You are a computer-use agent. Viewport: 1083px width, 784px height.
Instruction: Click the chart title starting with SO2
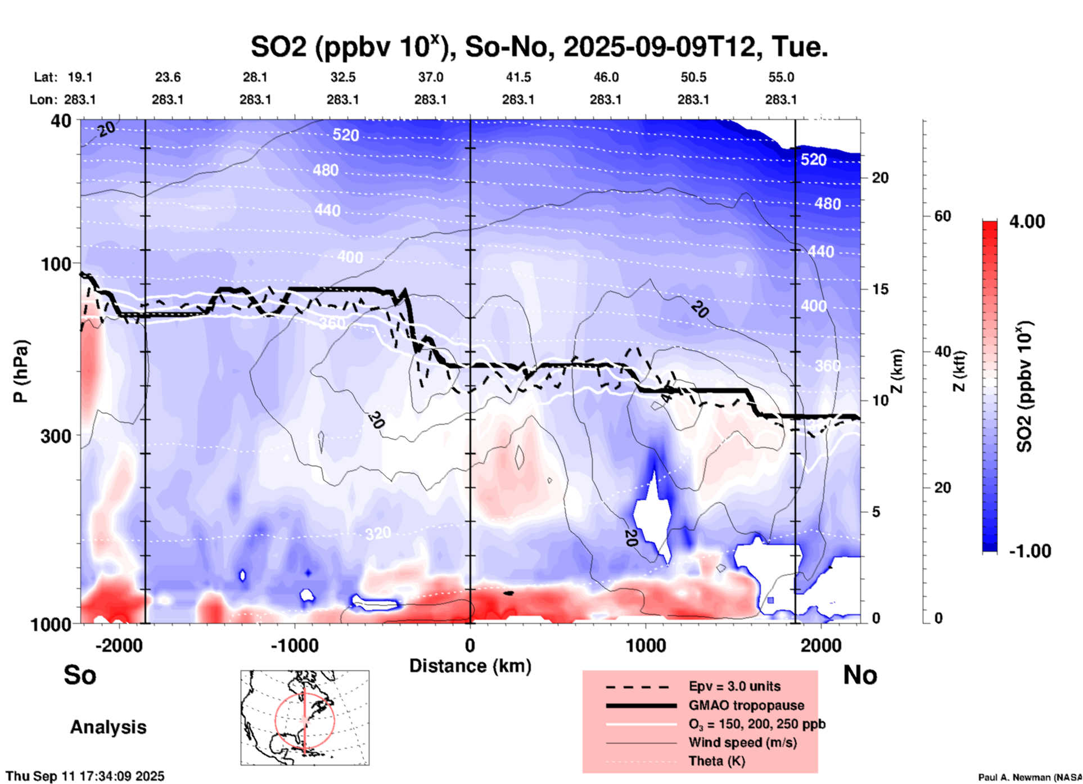pyautogui.click(x=539, y=47)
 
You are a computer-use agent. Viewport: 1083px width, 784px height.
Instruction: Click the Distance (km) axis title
pyautogui.click(x=470, y=666)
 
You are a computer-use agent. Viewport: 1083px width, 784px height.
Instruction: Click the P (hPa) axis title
pyautogui.click(x=21, y=371)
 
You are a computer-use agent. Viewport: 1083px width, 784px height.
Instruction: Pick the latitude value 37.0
pyautogui.click(x=430, y=77)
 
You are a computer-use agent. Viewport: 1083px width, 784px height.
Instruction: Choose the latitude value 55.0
pyautogui.click(x=781, y=77)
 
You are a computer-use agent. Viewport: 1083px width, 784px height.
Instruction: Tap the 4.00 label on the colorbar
pyautogui.click(x=1027, y=222)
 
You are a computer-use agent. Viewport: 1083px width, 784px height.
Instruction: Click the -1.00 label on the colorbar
pyautogui.click(x=1030, y=551)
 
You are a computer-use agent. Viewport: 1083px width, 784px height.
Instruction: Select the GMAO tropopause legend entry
pyautogui.click(x=746, y=705)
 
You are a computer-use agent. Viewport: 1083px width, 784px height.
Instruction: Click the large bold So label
pyautogui.click(x=80, y=674)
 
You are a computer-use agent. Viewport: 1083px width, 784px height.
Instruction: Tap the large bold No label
pyautogui.click(x=860, y=674)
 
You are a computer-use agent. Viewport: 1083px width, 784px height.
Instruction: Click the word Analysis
pyautogui.click(x=108, y=727)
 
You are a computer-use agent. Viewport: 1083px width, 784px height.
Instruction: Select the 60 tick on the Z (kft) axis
pyautogui.click(x=942, y=216)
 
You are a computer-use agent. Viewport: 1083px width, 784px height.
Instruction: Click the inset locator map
pyautogui.click(x=305, y=718)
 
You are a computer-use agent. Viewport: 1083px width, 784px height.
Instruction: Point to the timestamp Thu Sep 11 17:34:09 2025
pyautogui.click(x=85, y=776)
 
